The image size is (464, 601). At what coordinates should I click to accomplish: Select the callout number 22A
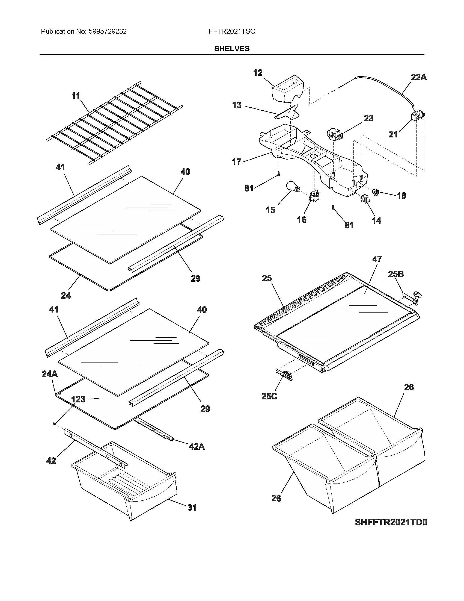[419, 78]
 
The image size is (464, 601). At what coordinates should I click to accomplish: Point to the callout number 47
[377, 259]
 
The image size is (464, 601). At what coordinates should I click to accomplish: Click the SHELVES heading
[232, 49]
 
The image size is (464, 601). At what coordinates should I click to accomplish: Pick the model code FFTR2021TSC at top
[232, 31]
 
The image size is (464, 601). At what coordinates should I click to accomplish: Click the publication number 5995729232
[108, 31]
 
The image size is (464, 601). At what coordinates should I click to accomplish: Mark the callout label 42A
[197, 447]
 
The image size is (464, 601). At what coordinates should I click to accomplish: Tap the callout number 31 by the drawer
[192, 508]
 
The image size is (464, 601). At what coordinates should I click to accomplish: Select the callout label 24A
[50, 374]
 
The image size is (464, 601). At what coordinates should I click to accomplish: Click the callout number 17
[236, 162]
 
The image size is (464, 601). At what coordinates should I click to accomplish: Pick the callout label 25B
[396, 274]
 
